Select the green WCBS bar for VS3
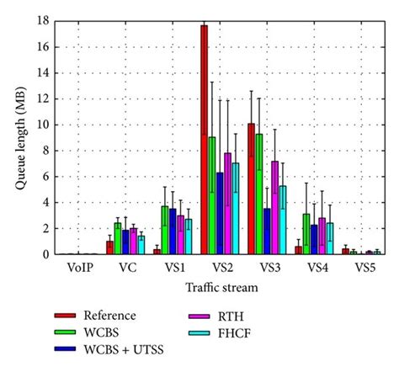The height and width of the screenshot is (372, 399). tap(259, 194)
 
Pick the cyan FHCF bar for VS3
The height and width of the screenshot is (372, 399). tap(283, 220)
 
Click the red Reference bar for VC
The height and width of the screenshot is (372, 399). tap(109, 247)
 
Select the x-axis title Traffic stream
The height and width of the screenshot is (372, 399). tap(221, 287)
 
